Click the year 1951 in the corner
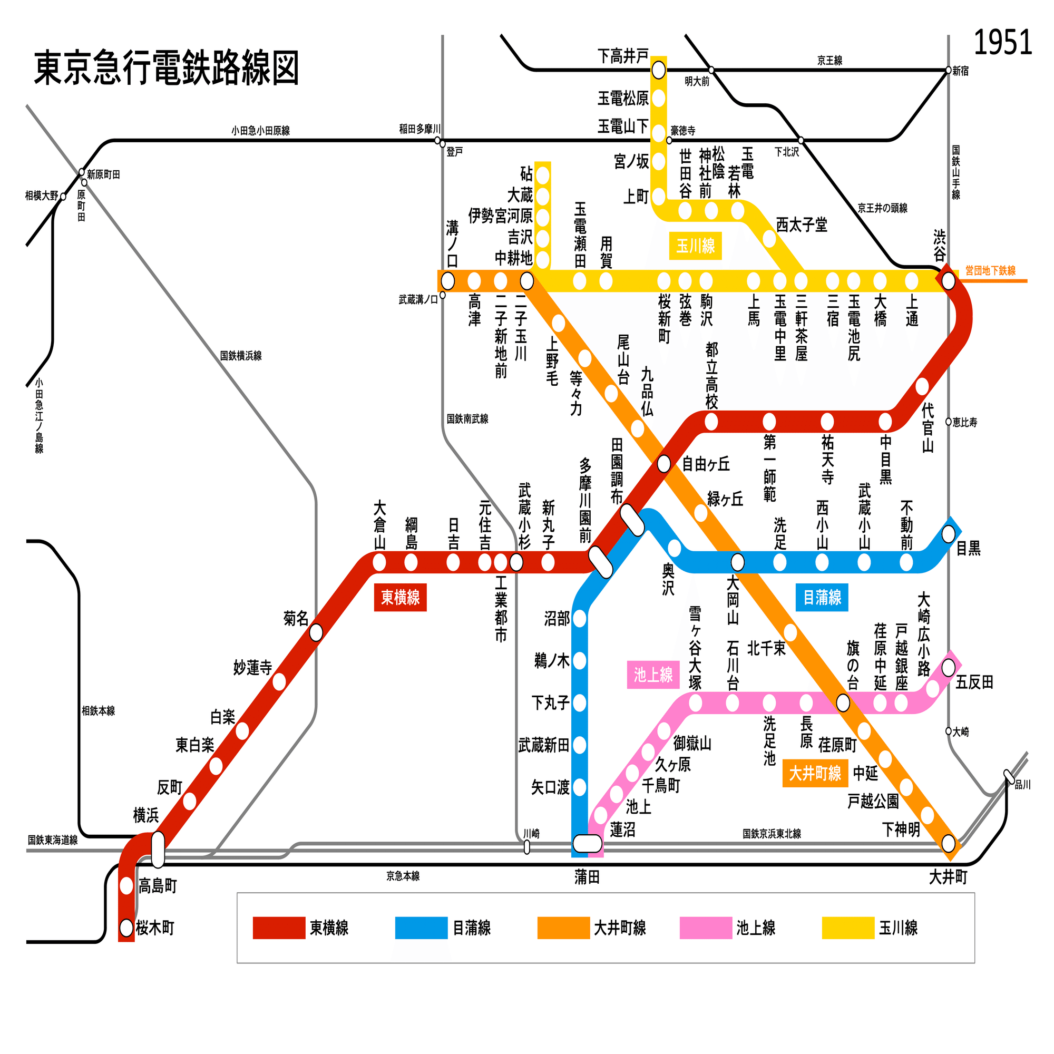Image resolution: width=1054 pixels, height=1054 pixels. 1002,43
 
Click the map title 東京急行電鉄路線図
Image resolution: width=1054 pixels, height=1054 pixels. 167,68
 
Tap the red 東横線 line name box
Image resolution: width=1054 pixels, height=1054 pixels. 400,598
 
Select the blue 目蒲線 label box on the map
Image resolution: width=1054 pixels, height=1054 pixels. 822,598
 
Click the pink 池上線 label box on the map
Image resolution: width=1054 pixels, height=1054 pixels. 653,675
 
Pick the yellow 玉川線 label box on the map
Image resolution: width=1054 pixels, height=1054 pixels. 695,246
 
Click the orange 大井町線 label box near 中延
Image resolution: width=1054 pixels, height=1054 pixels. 815,773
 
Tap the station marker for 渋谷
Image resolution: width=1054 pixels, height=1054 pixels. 948,281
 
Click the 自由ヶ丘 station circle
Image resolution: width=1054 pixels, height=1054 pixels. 663,464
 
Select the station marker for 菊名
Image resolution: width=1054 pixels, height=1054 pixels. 316,633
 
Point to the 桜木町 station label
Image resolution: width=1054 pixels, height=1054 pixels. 155,928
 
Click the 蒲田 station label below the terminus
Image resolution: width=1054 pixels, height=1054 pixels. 587,877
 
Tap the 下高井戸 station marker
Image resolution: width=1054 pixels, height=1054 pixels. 658,70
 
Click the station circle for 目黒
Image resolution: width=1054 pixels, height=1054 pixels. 948,533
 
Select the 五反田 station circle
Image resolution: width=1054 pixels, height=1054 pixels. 948,667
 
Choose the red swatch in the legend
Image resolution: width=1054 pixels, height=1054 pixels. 279,928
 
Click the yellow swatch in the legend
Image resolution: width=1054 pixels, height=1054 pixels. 848,928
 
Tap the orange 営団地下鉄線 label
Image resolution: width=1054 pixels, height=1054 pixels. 990,270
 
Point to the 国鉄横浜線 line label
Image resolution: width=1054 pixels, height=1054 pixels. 241,356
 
